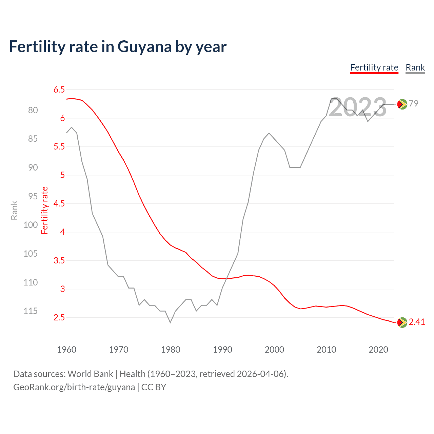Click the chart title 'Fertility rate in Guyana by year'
point(118,47)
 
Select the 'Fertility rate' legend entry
point(374,67)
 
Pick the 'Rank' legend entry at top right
point(415,67)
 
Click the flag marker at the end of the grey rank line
point(402,104)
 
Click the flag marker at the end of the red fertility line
point(402,322)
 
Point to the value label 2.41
point(417,322)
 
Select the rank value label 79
point(413,103)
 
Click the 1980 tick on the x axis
point(171,350)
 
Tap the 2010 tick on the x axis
point(326,350)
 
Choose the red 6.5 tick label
point(59,90)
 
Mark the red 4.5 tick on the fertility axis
point(59,204)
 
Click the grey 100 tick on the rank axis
point(31,225)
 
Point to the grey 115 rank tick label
point(31,311)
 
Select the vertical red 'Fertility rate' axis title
point(45,210)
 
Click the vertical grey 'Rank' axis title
point(14,210)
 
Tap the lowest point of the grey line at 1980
point(170,322)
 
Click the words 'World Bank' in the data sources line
point(90,374)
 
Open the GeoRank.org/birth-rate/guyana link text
point(74,387)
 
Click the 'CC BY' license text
point(154,387)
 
